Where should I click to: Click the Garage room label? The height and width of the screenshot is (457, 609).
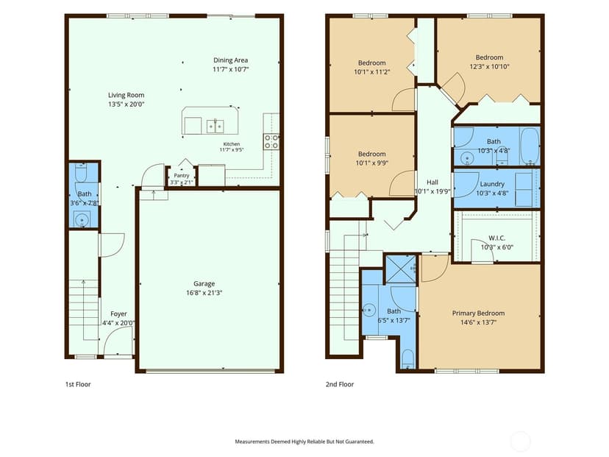click(x=204, y=283)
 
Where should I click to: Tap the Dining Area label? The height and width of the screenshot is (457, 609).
click(x=230, y=60)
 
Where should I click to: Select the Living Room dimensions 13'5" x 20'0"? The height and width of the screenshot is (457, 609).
click(x=127, y=104)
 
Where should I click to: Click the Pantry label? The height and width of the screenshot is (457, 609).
click(x=182, y=176)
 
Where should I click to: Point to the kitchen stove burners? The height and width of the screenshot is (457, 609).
click(x=271, y=142)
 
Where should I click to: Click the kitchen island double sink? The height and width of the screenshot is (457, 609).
click(x=215, y=127)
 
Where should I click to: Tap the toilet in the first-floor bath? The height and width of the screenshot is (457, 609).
click(x=81, y=172)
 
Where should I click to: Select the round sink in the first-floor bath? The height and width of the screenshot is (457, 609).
click(x=82, y=220)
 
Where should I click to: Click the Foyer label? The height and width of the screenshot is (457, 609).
click(x=118, y=314)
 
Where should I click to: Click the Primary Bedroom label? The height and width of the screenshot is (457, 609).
click(x=479, y=313)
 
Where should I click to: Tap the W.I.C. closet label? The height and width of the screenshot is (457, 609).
click(x=496, y=238)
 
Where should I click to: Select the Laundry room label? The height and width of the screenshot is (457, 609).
click(x=492, y=184)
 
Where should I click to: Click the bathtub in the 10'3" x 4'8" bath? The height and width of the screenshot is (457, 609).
click(x=530, y=146)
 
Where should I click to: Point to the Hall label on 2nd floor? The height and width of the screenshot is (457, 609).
click(x=432, y=183)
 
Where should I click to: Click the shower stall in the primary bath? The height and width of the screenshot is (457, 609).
click(x=401, y=269)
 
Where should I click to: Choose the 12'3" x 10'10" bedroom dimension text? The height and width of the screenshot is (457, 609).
click(x=489, y=66)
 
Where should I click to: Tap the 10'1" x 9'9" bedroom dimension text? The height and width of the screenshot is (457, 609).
click(x=372, y=163)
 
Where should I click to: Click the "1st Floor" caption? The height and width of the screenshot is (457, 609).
click(x=78, y=384)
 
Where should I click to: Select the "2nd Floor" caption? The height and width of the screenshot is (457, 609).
click(x=340, y=384)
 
